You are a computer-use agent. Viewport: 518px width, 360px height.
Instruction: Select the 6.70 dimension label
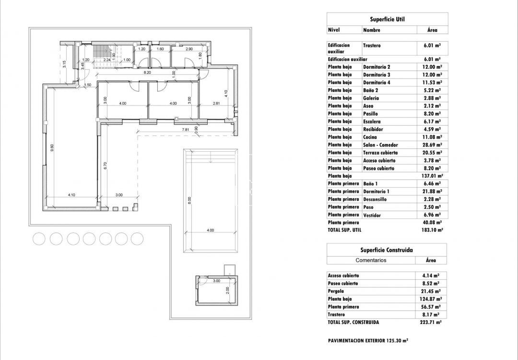[x=105, y=166]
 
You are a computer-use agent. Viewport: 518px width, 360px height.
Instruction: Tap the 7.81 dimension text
[x=186, y=130]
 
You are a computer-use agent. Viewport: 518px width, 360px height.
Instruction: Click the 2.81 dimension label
[x=216, y=103]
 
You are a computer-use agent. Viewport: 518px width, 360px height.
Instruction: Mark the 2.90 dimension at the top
[x=189, y=49]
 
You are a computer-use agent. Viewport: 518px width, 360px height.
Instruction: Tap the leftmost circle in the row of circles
[x=39, y=239]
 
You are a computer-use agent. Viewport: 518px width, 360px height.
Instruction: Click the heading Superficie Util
[x=387, y=19]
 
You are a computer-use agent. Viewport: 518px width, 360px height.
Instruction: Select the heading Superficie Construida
[x=387, y=250]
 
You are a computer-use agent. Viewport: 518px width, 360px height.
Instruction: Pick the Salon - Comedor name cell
[x=380, y=145]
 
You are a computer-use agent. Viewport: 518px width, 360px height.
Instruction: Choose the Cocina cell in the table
[x=370, y=137]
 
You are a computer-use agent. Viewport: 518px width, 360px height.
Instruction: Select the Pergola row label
[x=337, y=291]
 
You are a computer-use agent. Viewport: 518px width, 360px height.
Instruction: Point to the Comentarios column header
[x=371, y=260]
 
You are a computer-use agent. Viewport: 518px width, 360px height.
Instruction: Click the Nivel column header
[x=334, y=30]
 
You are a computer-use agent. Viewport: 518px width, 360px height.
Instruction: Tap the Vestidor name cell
[x=372, y=215]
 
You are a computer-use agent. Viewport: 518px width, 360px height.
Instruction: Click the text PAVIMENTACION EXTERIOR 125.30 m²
[x=368, y=340]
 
